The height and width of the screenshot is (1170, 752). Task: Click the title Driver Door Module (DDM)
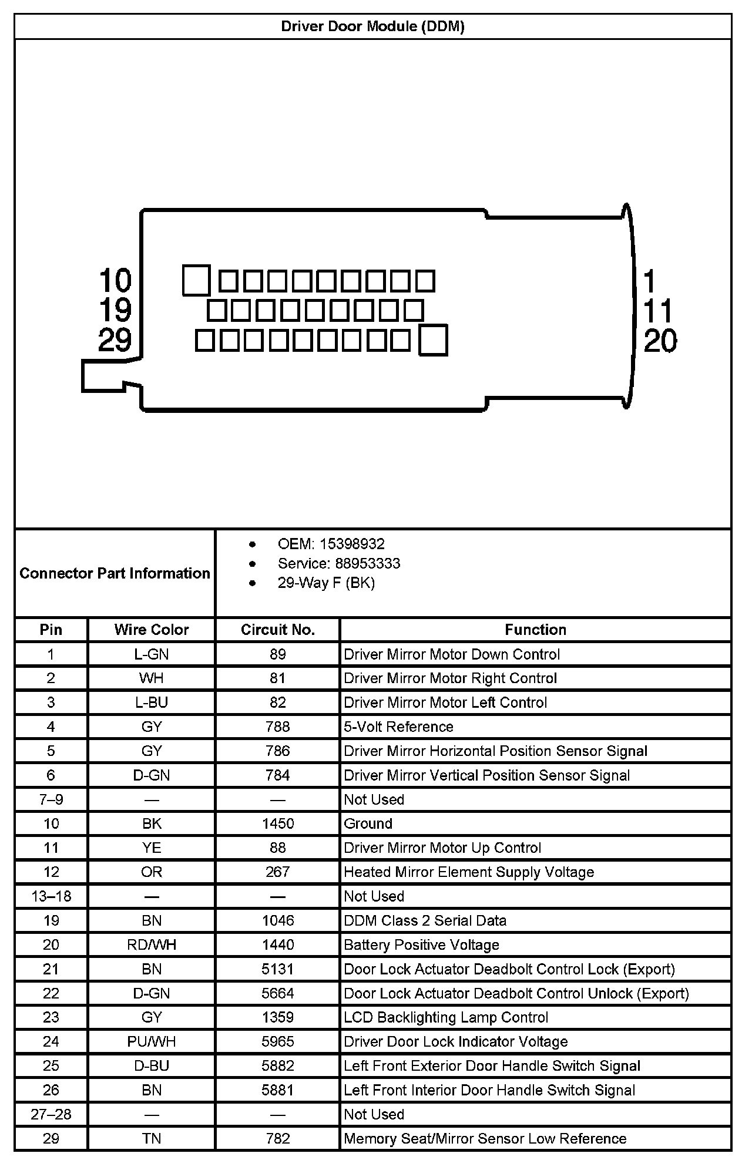pyautogui.click(x=372, y=26)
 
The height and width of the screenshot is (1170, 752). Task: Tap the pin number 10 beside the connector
pyautogui.click(x=115, y=280)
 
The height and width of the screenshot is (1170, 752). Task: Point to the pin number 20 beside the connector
pyautogui.click(x=660, y=341)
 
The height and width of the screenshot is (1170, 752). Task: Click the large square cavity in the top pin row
pyautogui.click(x=196, y=280)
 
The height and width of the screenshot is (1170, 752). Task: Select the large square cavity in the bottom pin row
pyautogui.click(x=433, y=341)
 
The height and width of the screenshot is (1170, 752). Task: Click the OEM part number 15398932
pyautogui.click(x=352, y=544)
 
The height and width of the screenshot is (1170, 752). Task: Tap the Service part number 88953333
pyautogui.click(x=368, y=563)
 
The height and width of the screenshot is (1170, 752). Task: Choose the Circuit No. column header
pyautogui.click(x=278, y=630)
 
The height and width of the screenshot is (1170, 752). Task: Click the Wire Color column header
pyautogui.click(x=152, y=630)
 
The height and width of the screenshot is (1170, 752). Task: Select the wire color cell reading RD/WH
pyautogui.click(x=152, y=944)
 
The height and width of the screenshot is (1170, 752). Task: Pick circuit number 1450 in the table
pyautogui.click(x=278, y=823)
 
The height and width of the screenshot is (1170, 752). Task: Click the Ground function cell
pyautogui.click(x=368, y=823)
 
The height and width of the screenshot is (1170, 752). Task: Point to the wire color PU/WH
pyautogui.click(x=152, y=1041)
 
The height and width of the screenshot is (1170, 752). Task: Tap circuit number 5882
pyautogui.click(x=278, y=1065)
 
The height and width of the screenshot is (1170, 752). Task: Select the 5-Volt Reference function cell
pyautogui.click(x=398, y=727)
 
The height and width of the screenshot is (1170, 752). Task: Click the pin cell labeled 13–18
pyautogui.click(x=51, y=896)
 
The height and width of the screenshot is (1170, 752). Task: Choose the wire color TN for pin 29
pyautogui.click(x=152, y=1138)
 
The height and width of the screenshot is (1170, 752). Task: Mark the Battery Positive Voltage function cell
pyautogui.click(x=421, y=944)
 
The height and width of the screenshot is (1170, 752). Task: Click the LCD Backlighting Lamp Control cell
pyautogui.click(x=446, y=1017)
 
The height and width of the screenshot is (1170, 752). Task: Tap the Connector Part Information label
pyautogui.click(x=115, y=573)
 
